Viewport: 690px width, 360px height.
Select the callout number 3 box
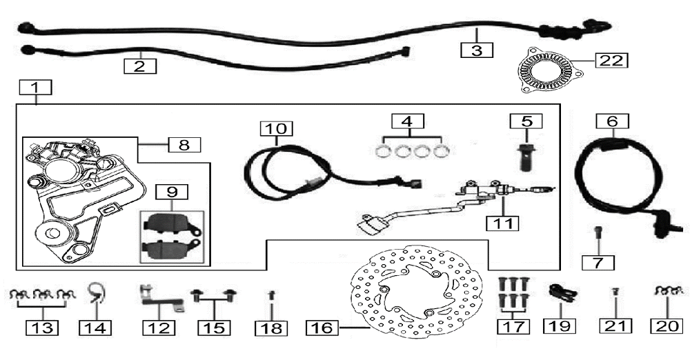(477, 50)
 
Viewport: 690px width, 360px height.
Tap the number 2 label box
(139, 66)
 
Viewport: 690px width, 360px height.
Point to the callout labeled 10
(277, 129)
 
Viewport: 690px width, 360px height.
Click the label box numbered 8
(184, 145)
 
